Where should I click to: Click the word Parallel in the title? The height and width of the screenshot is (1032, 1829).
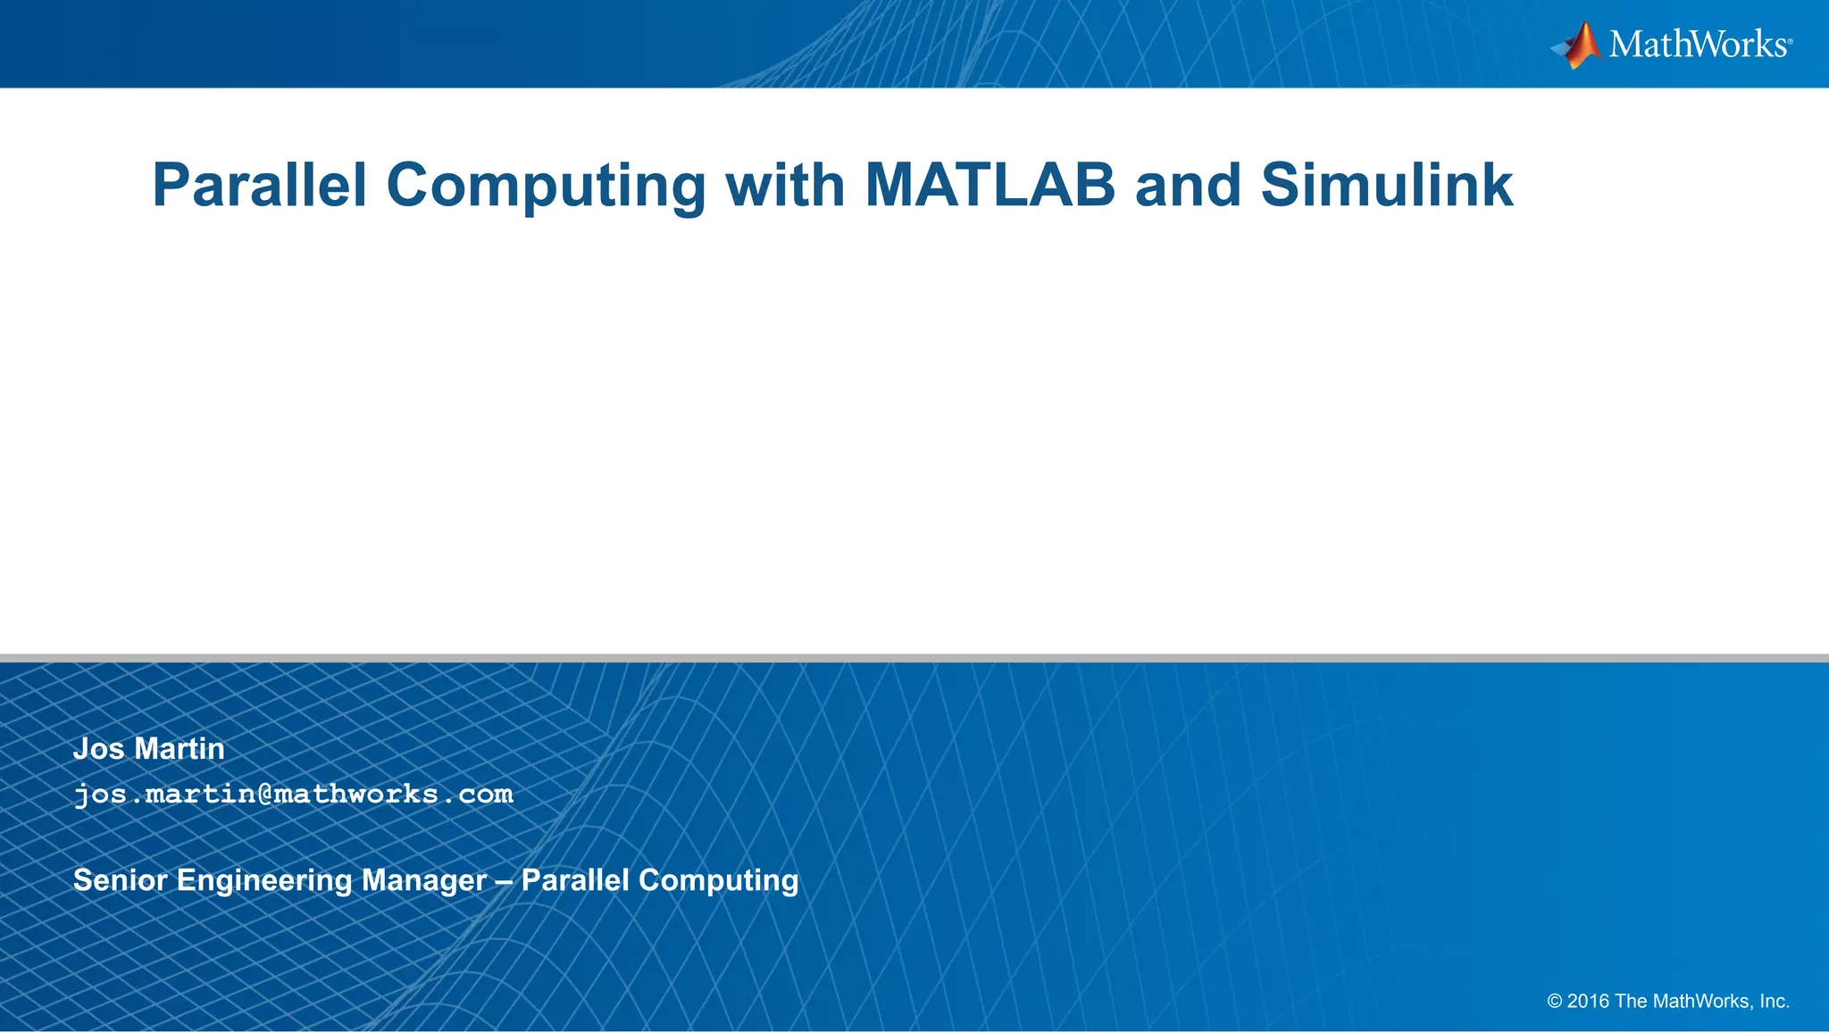pos(259,186)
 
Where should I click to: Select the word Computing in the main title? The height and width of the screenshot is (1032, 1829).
pos(546,186)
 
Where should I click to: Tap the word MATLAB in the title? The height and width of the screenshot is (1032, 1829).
pos(990,186)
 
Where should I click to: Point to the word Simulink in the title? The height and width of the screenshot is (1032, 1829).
pos(1386,186)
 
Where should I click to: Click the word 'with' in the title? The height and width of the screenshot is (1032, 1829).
pos(785,186)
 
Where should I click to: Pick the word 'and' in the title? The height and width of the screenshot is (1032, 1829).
pos(1187,186)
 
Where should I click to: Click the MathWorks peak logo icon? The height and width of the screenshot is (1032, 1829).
pos(1578,45)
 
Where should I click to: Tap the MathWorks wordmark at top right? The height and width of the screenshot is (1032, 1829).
pos(1699,45)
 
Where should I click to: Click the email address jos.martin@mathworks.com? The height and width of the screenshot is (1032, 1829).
pos(293,794)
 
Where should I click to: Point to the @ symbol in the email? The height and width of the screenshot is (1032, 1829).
pos(264,794)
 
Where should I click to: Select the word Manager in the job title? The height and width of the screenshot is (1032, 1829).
pos(424,880)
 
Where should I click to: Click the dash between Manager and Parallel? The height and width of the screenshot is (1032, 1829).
pos(504,881)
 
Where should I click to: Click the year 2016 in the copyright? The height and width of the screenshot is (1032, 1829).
pos(1588,1002)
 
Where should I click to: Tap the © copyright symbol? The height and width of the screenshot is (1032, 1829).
pos(1555,1002)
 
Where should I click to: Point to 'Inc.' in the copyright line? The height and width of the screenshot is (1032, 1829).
pos(1775,1002)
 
